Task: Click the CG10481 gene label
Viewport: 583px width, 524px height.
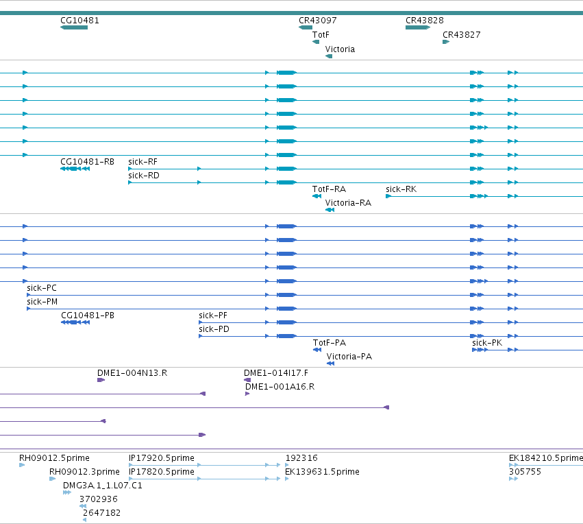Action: [x=79, y=21]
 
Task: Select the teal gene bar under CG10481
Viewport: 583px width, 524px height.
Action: [x=74, y=27]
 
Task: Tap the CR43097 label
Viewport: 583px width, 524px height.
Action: [x=317, y=21]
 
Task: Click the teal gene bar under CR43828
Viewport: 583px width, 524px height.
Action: [x=418, y=27]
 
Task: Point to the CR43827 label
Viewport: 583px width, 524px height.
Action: [x=462, y=35]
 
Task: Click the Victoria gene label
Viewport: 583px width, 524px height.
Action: [x=340, y=49]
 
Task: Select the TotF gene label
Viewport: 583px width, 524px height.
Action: [x=321, y=35]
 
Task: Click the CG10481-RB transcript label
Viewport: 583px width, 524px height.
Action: [x=87, y=162]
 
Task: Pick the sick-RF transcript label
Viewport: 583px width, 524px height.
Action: [x=142, y=162]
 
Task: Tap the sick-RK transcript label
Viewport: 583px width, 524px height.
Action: [x=401, y=189]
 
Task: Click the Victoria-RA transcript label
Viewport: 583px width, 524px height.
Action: [x=348, y=203]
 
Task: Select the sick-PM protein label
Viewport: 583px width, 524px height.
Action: [x=42, y=302]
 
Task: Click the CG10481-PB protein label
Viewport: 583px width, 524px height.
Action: [x=88, y=315]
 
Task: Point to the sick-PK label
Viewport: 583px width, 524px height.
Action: [x=487, y=343]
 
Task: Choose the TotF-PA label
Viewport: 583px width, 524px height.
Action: [x=330, y=343]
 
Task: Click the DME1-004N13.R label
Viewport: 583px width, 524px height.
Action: [x=132, y=373]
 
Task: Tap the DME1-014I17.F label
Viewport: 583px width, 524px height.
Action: [x=276, y=373]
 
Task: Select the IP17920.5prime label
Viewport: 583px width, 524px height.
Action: [x=162, y=457]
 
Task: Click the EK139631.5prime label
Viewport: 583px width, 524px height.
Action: [x=322, y=471]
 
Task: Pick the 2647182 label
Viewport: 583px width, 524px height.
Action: [x=101, y=513]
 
